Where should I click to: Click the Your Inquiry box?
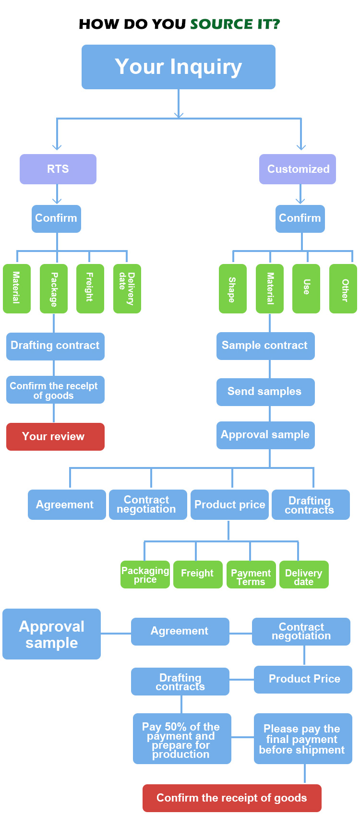178,67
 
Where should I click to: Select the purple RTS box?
58,169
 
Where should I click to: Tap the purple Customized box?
298,169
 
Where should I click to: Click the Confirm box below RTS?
56,218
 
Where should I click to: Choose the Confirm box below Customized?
300,218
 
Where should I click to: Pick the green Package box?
54,288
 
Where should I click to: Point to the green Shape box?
232,288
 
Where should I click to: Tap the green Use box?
306,288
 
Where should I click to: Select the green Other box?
343,288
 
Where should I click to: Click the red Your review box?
55,436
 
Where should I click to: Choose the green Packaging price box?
145,574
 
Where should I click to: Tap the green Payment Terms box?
251,574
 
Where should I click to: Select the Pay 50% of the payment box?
182,738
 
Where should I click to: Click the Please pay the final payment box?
303,738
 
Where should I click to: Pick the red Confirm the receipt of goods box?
232,798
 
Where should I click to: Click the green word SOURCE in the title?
221,24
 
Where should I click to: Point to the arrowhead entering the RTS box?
57,147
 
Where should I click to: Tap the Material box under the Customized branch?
270,288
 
